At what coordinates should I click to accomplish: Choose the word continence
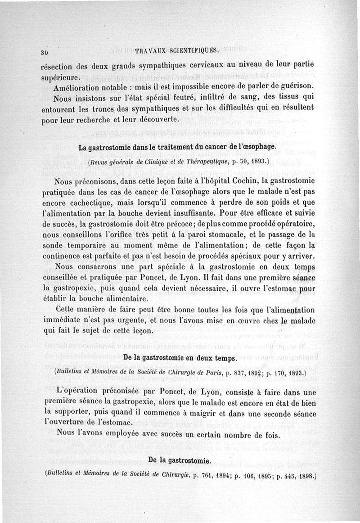click(74, 257)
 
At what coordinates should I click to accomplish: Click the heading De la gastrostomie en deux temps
click(180, 358)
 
